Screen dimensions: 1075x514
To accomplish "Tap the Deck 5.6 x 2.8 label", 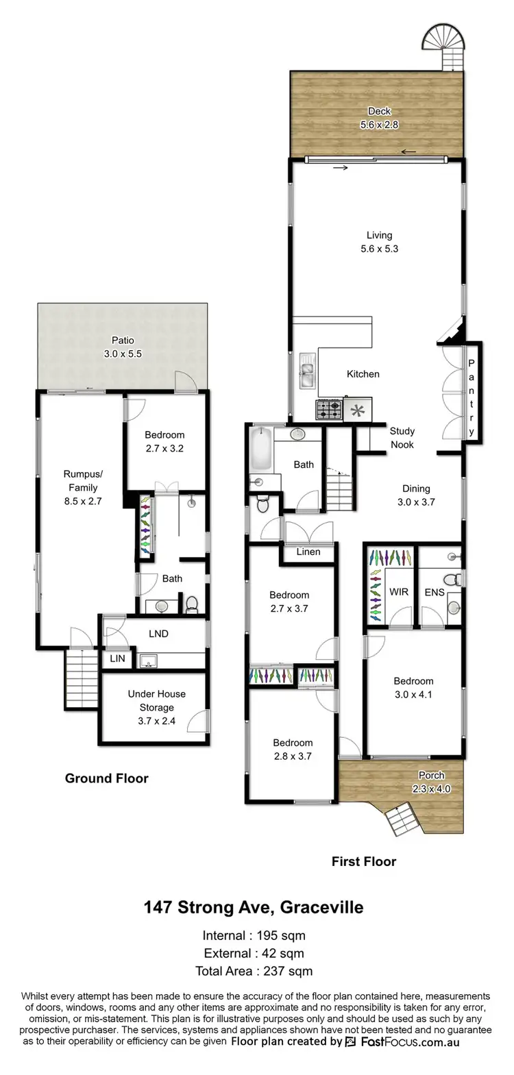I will point(379,118).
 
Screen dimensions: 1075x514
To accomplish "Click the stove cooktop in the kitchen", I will point(328,410).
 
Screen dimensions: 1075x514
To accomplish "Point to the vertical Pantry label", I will point(472,397).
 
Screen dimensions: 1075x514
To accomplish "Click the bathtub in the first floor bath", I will point(260,449).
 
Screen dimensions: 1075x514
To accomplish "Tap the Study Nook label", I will point(402,438).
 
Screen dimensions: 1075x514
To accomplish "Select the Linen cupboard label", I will point(308,552).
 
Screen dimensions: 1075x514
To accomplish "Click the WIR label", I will point(399,592).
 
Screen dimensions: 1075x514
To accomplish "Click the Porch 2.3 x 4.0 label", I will point(432,782).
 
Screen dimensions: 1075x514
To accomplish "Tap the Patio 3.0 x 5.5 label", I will point(123,347).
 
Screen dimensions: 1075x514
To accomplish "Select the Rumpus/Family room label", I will point(82,487).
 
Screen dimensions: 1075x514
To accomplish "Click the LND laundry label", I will point(158,634).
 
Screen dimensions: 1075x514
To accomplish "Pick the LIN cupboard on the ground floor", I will point(117,658).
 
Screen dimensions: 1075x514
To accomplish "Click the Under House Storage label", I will point(156,707).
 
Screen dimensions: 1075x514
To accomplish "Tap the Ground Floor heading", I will point(106,778).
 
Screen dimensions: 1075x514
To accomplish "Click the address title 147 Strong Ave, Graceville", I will point(253,907).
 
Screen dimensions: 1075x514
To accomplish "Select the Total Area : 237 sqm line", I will point(254,971).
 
